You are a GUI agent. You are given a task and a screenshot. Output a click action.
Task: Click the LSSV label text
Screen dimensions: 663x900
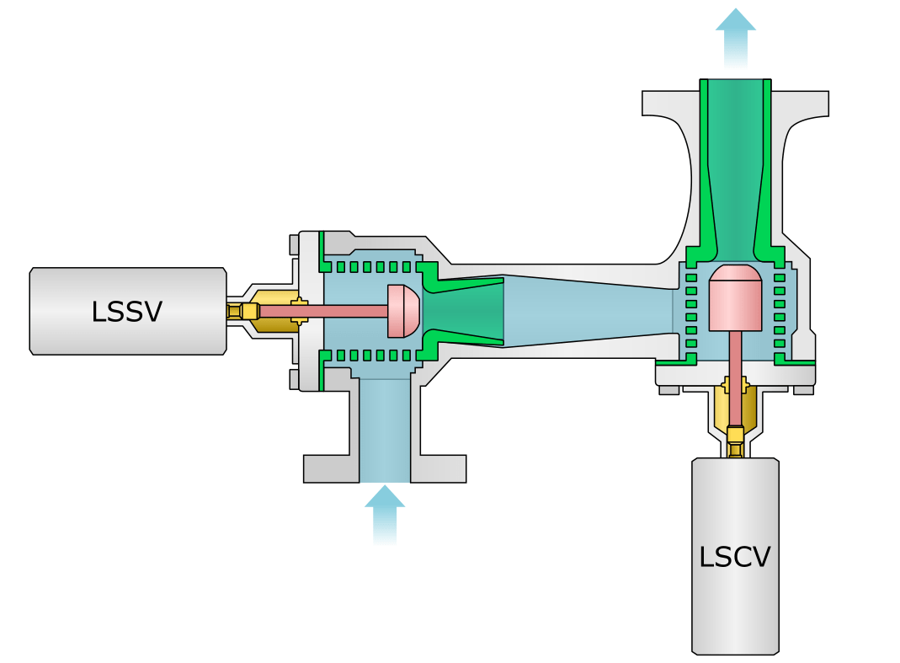pos(127,312)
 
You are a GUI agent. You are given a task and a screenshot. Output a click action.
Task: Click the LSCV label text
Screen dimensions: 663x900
pos(735,557)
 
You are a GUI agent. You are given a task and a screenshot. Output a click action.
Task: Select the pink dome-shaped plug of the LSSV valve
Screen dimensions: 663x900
pos(403,311)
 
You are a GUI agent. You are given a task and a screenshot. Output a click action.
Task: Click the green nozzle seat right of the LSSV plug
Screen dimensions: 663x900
pos(463,311)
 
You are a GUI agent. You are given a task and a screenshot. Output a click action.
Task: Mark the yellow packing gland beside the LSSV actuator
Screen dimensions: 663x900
pos(274,311)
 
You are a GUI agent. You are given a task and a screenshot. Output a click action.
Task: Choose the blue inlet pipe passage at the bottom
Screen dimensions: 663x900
pos(385,430)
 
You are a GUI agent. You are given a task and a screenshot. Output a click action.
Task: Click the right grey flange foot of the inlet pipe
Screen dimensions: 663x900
pos(439,468)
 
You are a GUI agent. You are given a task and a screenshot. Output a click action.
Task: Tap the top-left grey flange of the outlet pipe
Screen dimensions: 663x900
pos(670,103)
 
